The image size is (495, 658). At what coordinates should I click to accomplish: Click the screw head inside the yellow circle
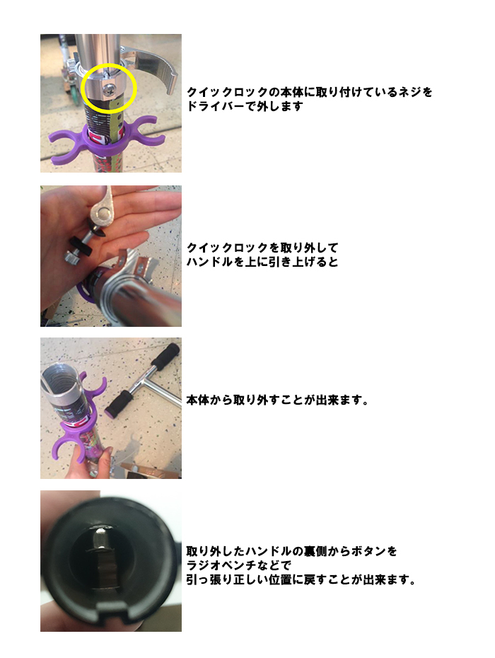(x=108, y=88)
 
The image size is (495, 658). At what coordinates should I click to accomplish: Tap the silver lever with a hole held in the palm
(x=100, y=209)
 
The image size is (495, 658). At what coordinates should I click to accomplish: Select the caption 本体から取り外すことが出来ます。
(x=277, y=400)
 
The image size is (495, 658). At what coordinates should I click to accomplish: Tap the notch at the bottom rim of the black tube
(x=111, y=611)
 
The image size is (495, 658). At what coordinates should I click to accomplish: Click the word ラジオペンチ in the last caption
(x=221, y=565)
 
